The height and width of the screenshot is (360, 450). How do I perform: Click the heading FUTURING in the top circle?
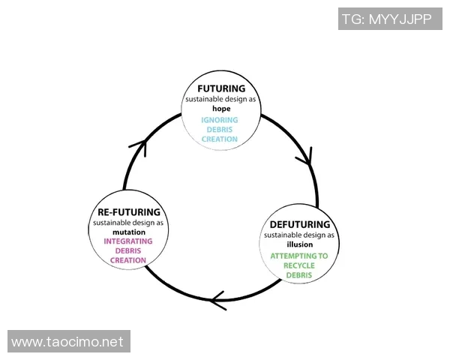(x=220, y=88)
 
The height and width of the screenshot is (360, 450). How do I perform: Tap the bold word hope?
(x=220, y=108)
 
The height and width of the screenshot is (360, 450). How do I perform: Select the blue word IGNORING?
(x=220, y=120)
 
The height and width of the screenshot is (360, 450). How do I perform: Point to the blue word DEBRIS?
(x=220, y=130)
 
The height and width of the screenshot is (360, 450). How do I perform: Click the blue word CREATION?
(x=220, y=139)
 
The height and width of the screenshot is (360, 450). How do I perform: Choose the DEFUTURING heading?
(x=299, y=224)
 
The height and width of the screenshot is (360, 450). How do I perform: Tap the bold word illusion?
(x=299, y=244)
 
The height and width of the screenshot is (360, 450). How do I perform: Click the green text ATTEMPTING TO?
(x=299, y=256)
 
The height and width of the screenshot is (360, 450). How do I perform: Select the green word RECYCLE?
(x=299, y=265)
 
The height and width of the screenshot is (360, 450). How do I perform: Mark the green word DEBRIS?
(x=299, y=275)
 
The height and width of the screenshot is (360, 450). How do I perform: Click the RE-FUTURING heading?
(x=129, y=212)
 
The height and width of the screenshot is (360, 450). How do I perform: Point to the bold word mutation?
(x=129, y=232)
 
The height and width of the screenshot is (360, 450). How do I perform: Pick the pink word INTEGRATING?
(x=129, y=241)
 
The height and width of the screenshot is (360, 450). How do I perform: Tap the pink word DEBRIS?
(x=129, y=250)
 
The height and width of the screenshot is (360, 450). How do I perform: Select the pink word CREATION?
(x=129, y=260)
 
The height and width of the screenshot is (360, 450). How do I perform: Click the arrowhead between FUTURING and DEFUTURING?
(x=306, y=157)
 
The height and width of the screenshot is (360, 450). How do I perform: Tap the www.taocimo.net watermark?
(x=67, y=342)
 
